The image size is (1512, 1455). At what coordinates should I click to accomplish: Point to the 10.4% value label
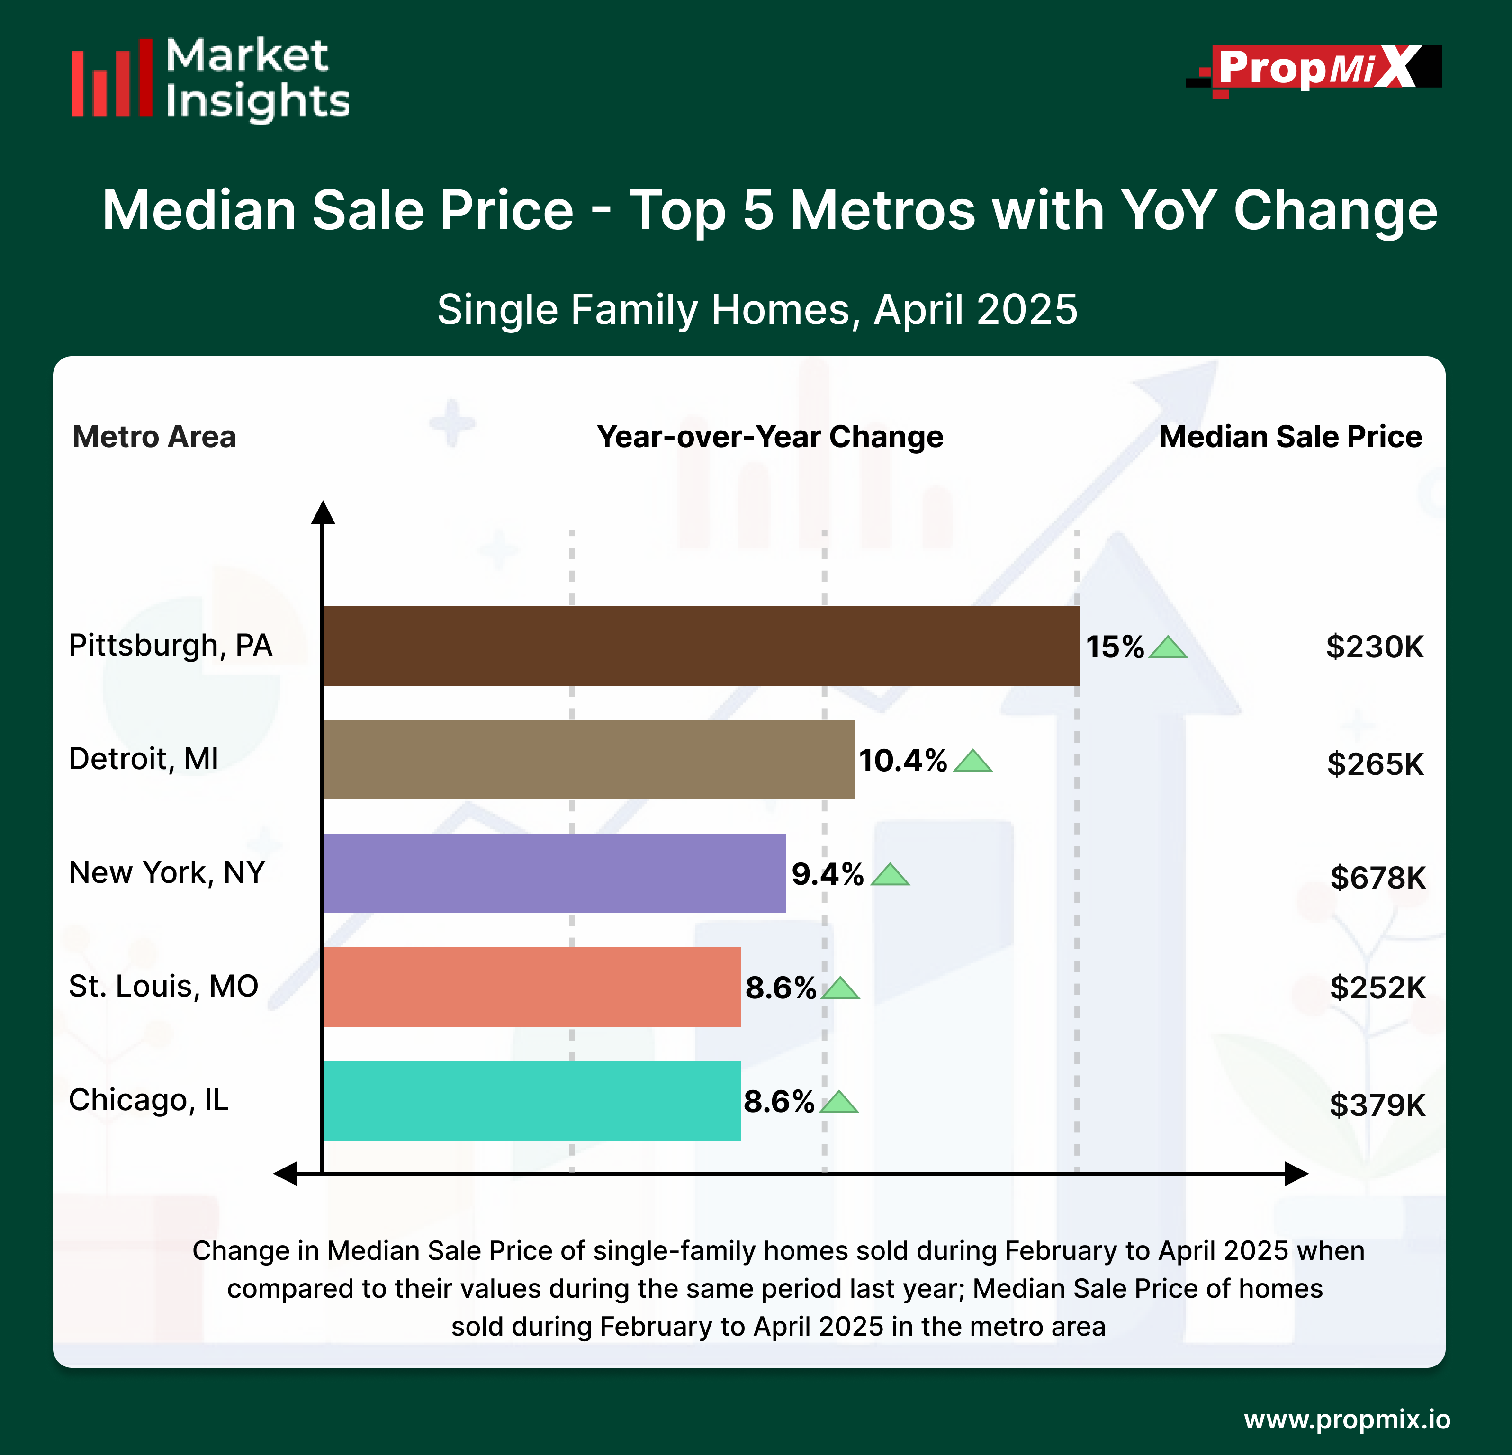pyautogui.click(x=902, y=761)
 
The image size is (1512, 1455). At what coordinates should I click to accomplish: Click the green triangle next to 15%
pyautogui.click(x=1168, y=648)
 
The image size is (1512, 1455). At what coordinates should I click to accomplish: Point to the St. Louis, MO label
pyautogui.click(x=163, y=986)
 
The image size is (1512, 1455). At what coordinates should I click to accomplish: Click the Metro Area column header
pyautogui.click(x=154, y=437)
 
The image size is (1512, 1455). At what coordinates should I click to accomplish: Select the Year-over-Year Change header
pyautogui.click(x=770, y=437)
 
